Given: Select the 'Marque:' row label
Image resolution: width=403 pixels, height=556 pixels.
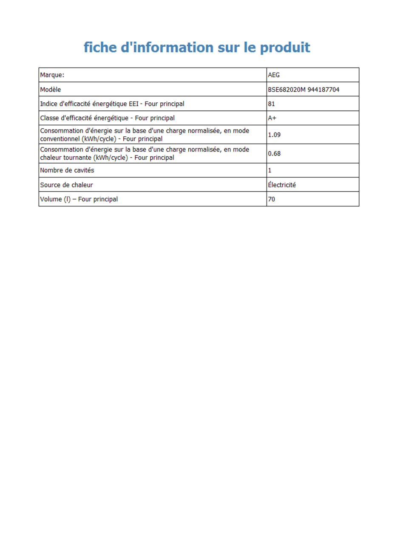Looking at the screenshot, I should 52,75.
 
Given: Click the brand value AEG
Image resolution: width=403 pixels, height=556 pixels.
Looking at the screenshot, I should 274,75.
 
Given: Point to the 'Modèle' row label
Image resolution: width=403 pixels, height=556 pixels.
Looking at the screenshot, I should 51,90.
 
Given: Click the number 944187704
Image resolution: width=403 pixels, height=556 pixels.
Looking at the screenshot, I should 324,90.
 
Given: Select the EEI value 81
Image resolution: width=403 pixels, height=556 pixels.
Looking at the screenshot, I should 271,104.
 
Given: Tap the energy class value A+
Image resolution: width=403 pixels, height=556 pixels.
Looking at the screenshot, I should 272,118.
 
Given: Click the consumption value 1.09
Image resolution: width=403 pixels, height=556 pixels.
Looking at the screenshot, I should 274,135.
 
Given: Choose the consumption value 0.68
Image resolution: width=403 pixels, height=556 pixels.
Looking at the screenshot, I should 274,154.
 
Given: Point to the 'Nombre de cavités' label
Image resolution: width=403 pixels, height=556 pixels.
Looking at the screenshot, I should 67,170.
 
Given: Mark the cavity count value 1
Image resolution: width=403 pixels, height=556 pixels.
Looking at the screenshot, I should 270,170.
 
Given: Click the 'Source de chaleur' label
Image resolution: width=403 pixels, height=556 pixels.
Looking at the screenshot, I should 66,185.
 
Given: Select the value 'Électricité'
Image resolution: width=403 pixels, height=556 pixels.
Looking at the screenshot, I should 282,185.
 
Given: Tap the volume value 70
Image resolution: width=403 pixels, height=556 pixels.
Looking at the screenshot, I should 271,199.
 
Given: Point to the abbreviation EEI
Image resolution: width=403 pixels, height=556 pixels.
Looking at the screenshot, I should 133,104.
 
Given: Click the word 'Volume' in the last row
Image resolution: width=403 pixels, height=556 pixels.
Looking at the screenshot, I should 51,199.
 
